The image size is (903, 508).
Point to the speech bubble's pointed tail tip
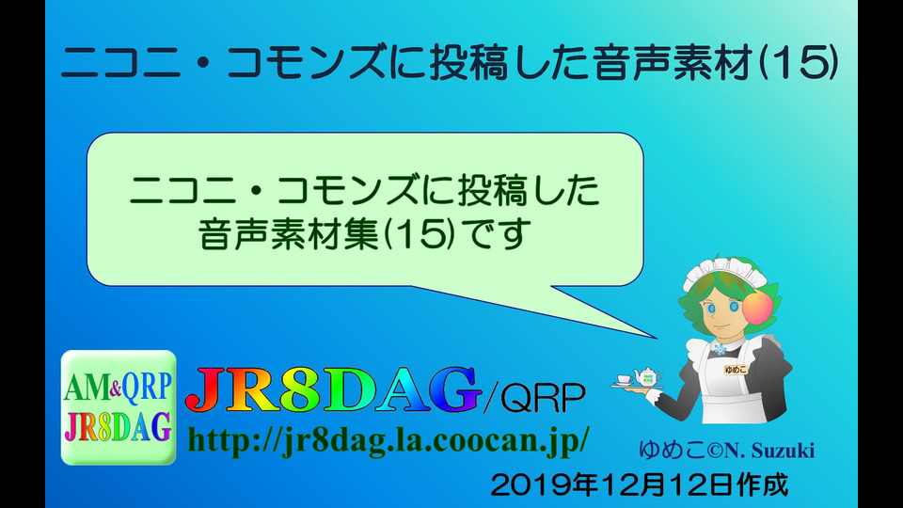pos(656,338)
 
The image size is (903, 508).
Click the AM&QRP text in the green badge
pos(118,387)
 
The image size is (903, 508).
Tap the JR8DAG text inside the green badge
pos(118,427)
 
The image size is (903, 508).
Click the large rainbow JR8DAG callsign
pos(333,389)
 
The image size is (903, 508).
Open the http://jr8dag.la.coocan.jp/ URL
pos(388,440)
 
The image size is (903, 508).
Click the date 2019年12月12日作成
pos(640,485)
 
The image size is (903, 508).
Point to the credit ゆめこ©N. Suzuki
pos(727,450)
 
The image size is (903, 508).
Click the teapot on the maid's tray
pos(647,376)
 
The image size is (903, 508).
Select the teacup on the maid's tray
pos(624,379)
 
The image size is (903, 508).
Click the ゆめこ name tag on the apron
pos(736,370)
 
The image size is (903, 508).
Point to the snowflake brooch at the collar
pos(720,349)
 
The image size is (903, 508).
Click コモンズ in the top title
pos(306,62)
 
